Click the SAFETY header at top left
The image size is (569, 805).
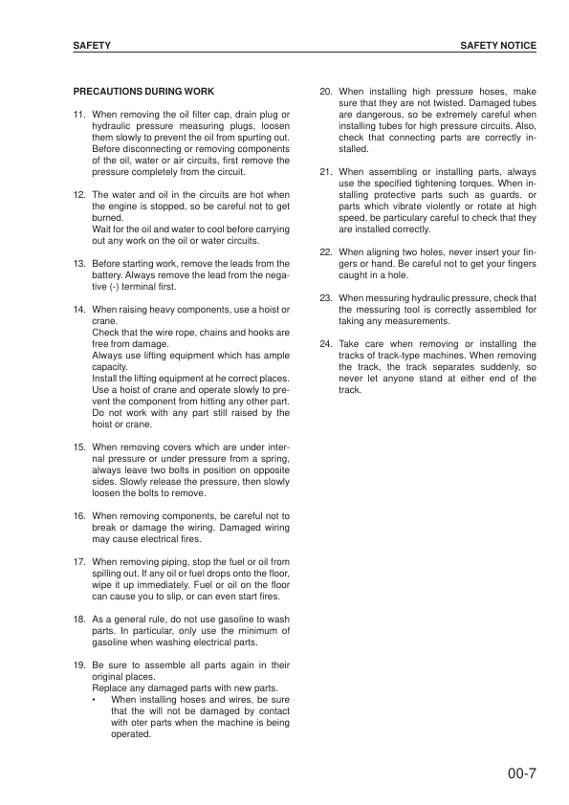click(92, 45)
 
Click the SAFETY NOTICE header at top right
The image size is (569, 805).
click(497, 45)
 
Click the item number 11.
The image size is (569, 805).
click(79, 115)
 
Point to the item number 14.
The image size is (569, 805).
click(79, 312)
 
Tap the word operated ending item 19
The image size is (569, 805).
click(133, 734)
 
